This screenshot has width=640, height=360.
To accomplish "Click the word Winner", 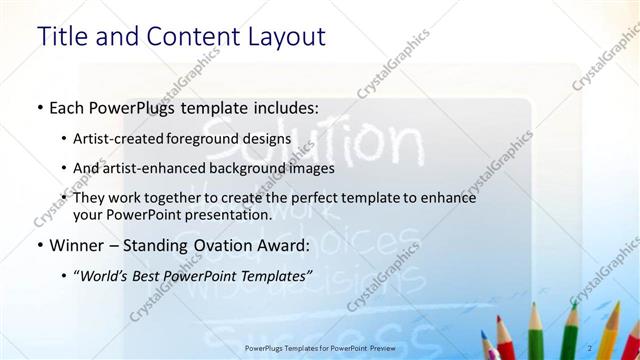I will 75,244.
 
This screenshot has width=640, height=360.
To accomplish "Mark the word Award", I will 283,244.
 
